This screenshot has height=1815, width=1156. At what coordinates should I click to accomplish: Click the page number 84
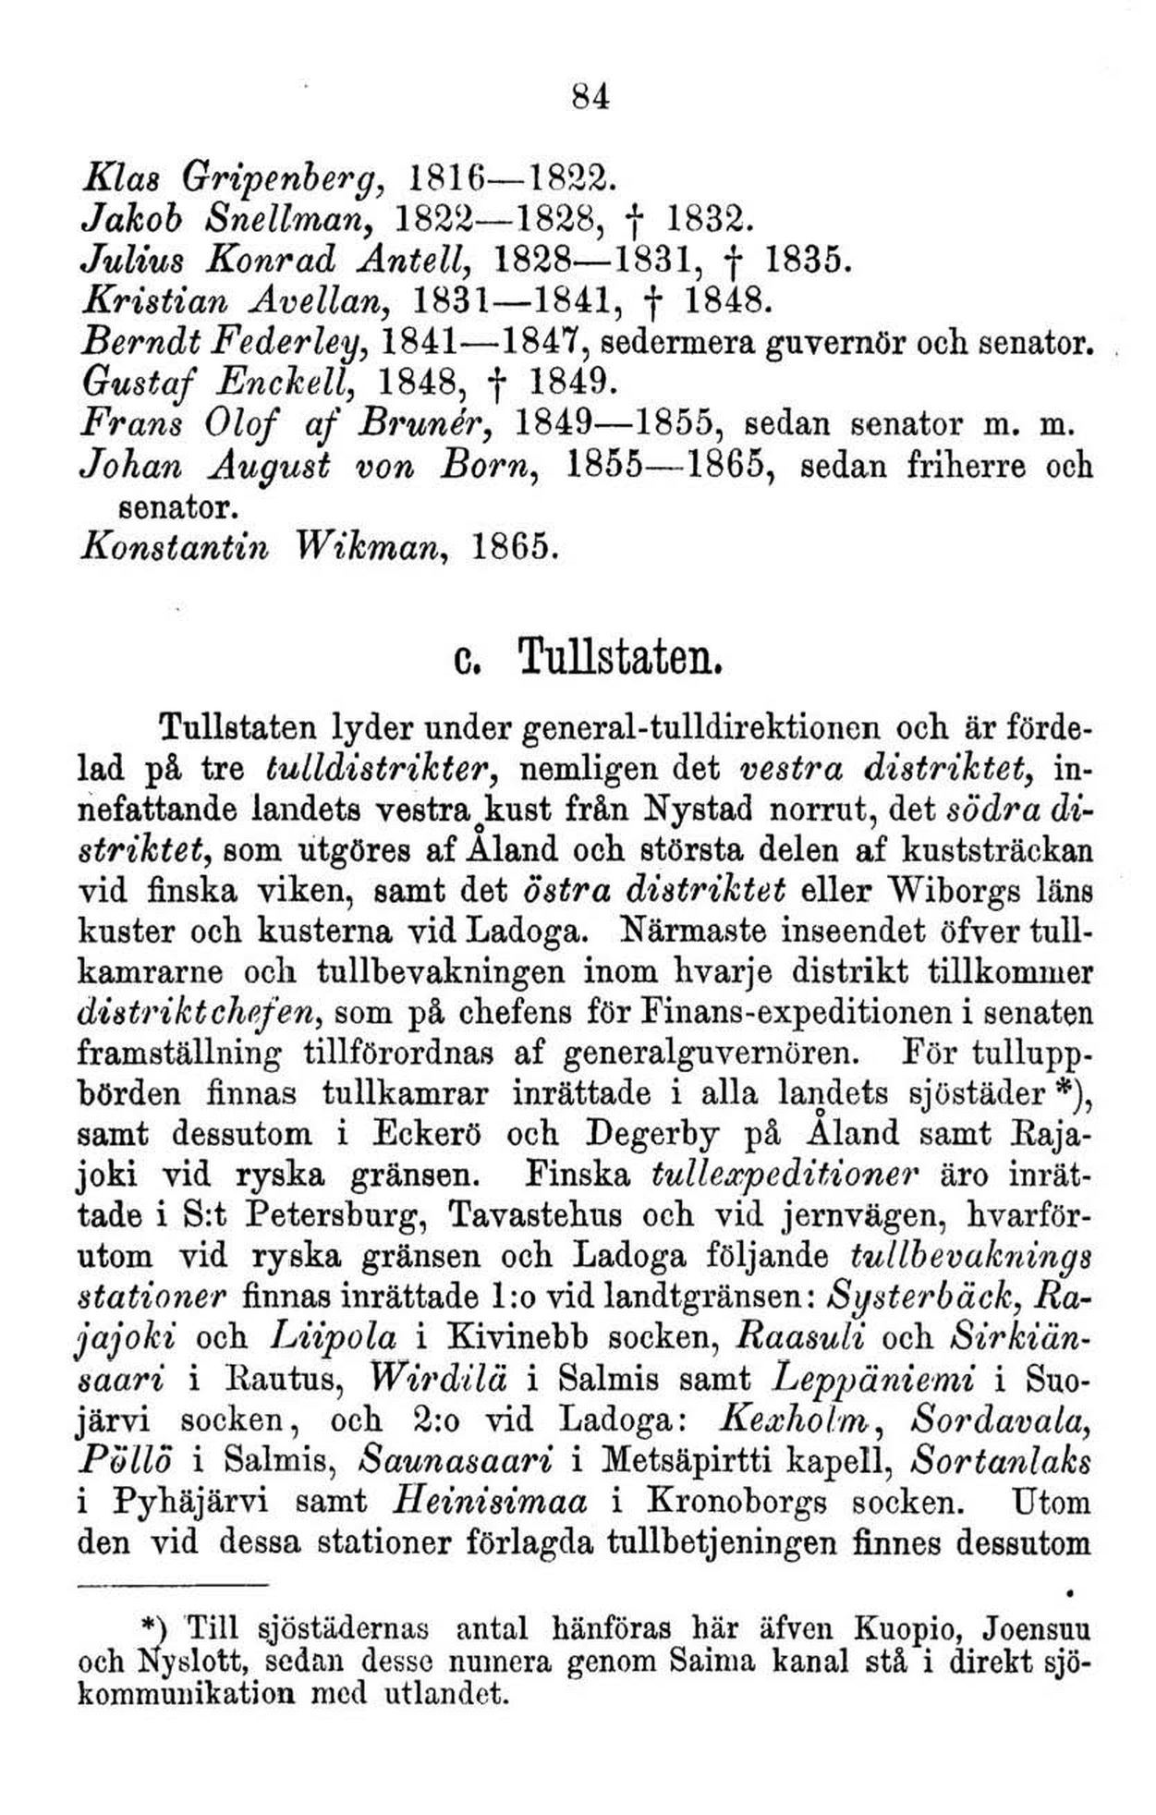[x=591, y=95]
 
